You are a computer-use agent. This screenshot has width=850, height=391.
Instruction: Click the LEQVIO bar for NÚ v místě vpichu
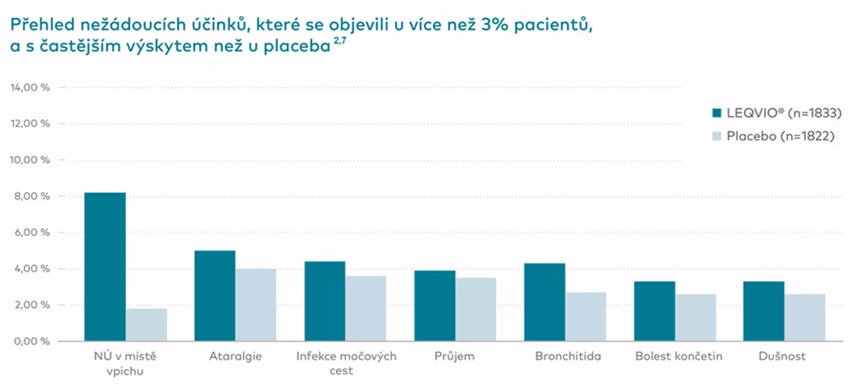105,267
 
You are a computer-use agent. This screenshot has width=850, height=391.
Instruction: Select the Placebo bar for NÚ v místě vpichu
146,325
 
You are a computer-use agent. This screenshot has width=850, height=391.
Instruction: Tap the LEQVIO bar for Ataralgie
216,296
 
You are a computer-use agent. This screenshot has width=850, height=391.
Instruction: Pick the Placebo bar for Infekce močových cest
366,308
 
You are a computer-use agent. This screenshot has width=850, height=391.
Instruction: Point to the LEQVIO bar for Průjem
435,306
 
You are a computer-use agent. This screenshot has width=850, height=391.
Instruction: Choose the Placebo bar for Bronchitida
586,317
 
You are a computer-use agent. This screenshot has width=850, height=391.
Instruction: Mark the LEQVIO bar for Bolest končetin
655,312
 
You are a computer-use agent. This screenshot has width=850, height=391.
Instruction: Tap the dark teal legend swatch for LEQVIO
717,113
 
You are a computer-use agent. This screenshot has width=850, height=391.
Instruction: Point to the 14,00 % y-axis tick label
30,87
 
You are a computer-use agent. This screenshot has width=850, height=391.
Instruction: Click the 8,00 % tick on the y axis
33,197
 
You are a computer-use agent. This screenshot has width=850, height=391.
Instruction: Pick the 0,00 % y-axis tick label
33,341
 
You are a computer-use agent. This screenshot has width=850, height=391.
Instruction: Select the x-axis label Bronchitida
565,356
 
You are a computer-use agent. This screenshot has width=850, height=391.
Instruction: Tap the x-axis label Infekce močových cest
346,363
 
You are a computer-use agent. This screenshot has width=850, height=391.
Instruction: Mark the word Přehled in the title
40,24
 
